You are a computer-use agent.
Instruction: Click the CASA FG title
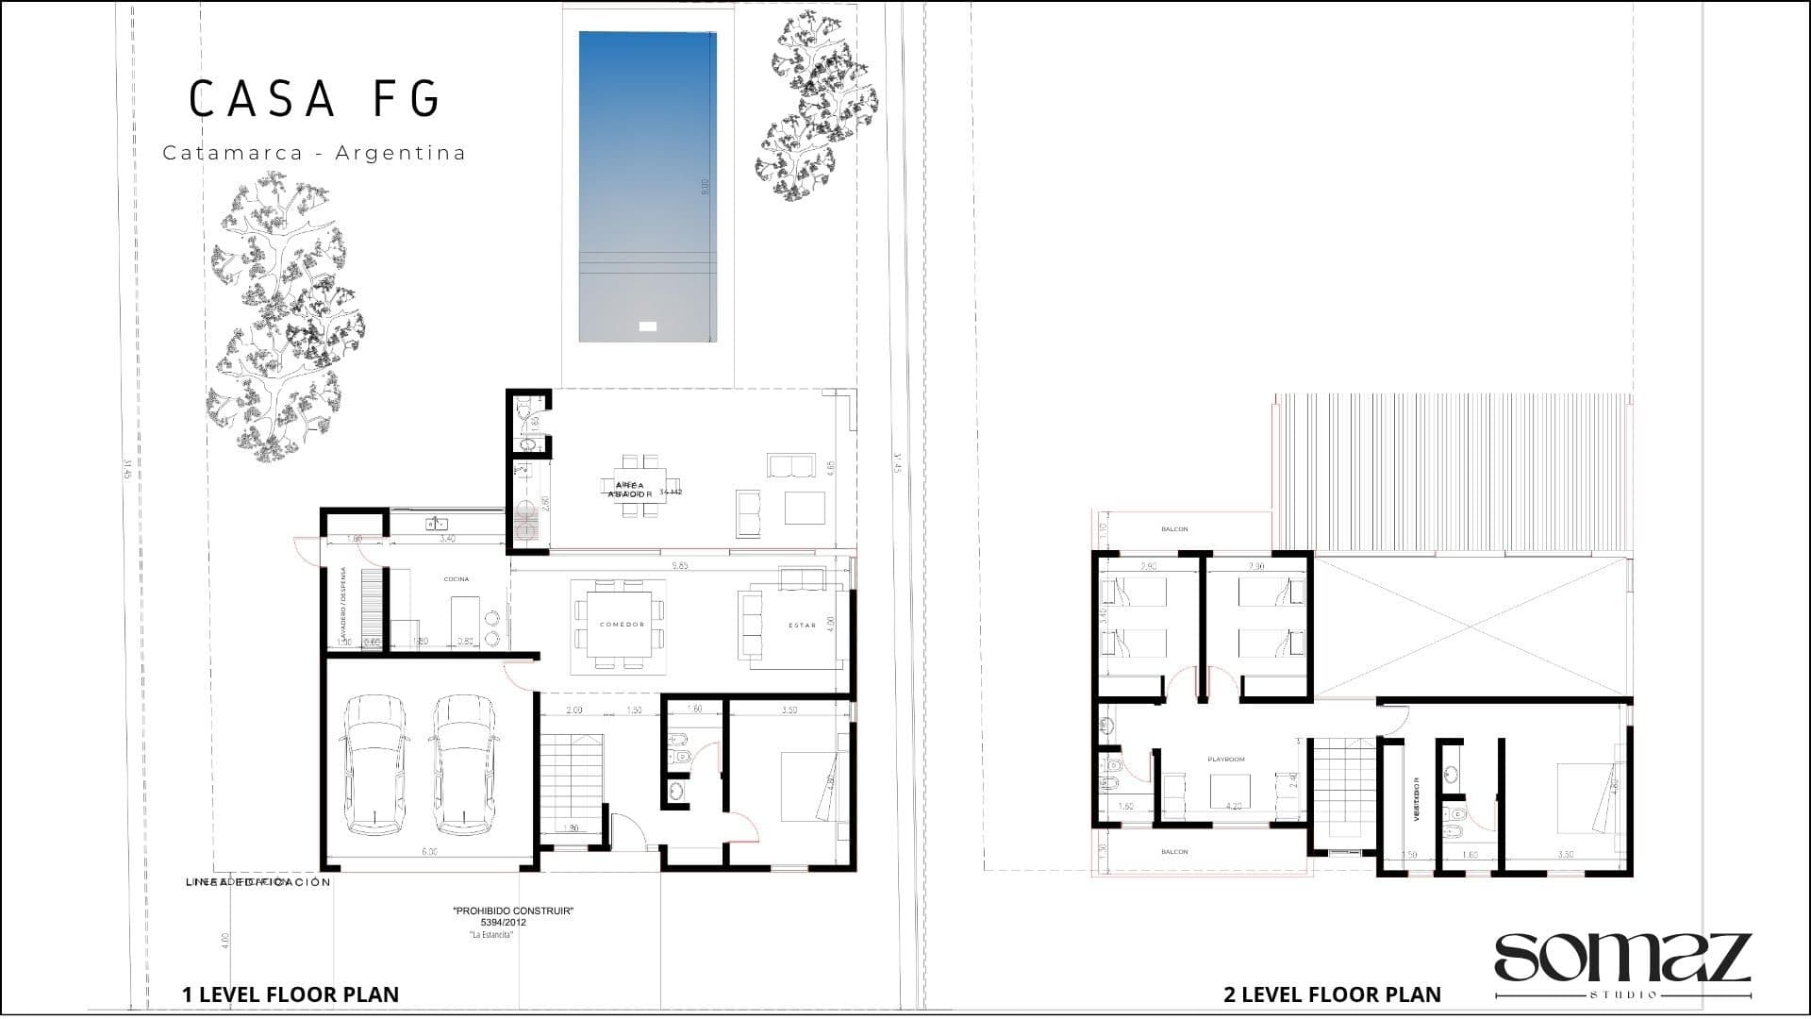click(315, 99)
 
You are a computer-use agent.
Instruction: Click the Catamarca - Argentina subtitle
click(314, 153)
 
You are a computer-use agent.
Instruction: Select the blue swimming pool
click(647, 187)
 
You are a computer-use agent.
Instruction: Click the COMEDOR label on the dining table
click(622, 625)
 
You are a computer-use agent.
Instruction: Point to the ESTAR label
click(802, 626)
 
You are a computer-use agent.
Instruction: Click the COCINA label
click(456, 579)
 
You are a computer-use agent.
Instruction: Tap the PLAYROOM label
click(1226, 760)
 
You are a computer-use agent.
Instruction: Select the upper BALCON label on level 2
click(1174, 529)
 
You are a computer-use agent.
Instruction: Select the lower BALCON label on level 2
click(1174, 852)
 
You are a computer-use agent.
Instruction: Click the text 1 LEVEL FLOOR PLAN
click(291, 994)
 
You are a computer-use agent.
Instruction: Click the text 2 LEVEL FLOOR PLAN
click(1332, 994)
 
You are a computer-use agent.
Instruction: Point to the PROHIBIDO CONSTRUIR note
click(513, 911)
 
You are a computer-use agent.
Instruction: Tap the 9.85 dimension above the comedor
click(679, 566)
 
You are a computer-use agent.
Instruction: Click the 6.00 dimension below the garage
click(429, 852)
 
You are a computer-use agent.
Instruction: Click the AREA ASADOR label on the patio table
click(629, 490)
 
